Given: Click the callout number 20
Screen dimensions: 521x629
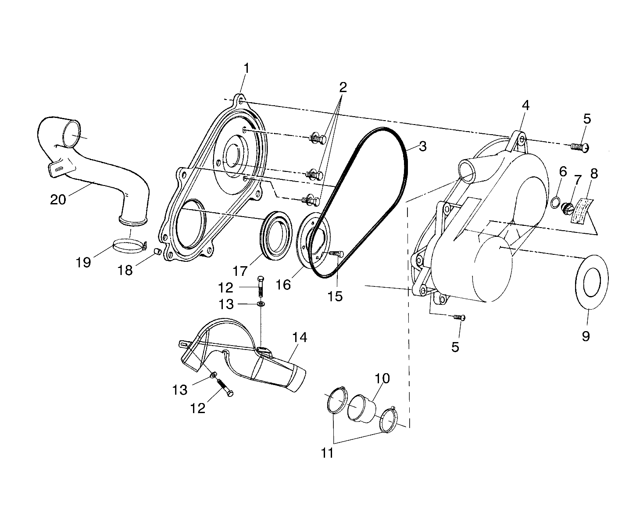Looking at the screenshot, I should pos(58,200).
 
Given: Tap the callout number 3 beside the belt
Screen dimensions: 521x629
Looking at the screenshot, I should pos(422,146).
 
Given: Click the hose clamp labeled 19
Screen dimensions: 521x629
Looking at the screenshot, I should pos(129,245).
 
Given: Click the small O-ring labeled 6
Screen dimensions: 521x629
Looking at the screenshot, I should pos(555,202).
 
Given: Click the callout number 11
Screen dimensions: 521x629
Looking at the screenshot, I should pos(327,452).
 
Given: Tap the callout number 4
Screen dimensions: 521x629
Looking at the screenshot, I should pos(525,105).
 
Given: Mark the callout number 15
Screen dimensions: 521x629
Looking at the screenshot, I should pos(335,296).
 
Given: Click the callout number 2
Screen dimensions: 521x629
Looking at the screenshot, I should pos(343,87).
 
